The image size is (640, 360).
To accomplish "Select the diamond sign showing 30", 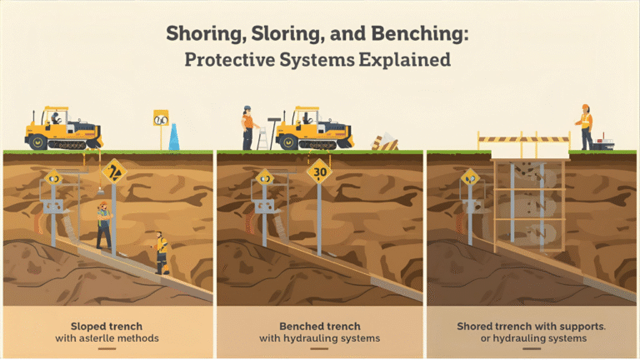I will click(319, 172).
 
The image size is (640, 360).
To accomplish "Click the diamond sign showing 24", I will click(113, 173).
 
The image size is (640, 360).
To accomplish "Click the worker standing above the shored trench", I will click(586, 127).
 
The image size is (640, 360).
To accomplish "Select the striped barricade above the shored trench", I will click(522, 140).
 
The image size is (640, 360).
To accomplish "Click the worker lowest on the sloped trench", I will click(160, 252).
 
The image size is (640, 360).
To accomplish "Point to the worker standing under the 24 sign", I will click(103, 225).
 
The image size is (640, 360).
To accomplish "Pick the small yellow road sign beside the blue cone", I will click(160, 118).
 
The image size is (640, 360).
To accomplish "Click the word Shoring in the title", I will click(197, 35).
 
